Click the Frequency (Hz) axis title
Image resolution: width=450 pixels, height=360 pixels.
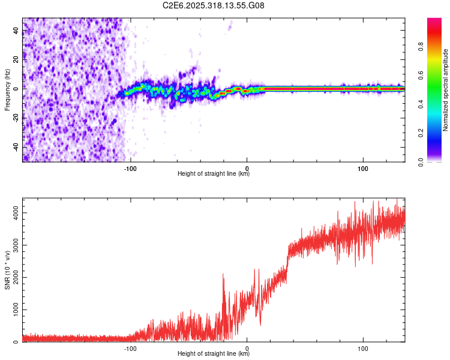(8, 90)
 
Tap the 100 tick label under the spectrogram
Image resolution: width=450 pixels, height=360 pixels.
(362, 167)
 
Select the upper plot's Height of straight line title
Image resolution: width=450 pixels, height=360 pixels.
(214, 174)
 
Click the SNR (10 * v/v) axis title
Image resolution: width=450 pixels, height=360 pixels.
(8, 270)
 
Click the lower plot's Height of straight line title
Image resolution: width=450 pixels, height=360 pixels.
(214, 354)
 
